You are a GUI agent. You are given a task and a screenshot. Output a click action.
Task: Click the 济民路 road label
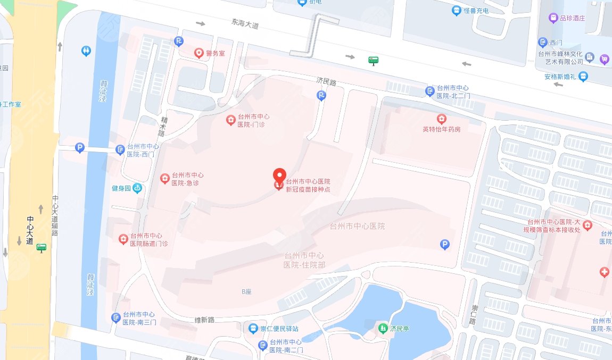pyautogui.click(x=327, y=82)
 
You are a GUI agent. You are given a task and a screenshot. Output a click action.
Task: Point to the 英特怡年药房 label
pyautogui.click(x=441, y=129)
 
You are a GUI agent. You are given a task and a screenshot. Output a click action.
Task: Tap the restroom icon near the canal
pyautogui.click(x=87, y=51)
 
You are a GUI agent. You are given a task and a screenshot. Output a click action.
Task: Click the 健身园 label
pyautogui.click(x=121, y=188)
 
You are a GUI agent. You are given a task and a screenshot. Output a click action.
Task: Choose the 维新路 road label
pyautogui.click(x=204, y=320)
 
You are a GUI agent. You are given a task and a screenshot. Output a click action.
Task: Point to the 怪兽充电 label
pyautogui.click(x=475, y=11)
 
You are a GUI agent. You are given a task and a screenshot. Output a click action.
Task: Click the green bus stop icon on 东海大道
pyautogui.click(x=374, y=61)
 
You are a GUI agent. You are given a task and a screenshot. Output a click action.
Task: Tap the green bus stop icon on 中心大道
pyautogui.click(x=41, y=248)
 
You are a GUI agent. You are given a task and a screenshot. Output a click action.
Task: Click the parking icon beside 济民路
pyautogui.click(x=321, y=96)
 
